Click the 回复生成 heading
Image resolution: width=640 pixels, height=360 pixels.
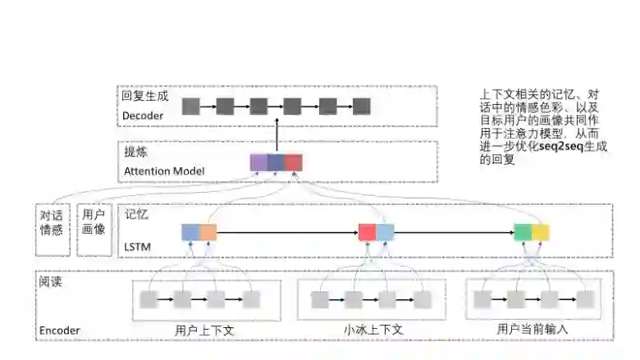point(144,95)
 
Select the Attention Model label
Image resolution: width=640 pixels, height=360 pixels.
point(163,171)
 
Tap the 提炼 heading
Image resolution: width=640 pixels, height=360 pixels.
point(135,153)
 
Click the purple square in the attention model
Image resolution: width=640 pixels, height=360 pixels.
point(259,162)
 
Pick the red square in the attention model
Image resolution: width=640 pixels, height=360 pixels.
point(294,162)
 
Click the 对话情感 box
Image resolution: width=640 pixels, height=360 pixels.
point(51,222)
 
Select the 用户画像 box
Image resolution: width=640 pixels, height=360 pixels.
point(93,222)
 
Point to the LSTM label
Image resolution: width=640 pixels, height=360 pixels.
point(137,246)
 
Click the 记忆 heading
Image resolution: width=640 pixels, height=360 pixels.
point(136,214)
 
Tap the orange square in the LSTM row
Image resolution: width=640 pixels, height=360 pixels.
point(208,232)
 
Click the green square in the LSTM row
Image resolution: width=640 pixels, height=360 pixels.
point(523,232)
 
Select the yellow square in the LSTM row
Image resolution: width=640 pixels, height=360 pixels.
point(540,232)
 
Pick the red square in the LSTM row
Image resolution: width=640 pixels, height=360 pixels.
point(367,232)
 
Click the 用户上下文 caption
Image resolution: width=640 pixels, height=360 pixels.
point(205,330)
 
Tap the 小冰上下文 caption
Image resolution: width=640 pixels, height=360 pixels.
point(373,330)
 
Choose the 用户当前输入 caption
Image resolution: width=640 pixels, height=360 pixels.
point(533,329)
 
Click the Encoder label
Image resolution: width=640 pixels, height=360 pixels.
point(60,331)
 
